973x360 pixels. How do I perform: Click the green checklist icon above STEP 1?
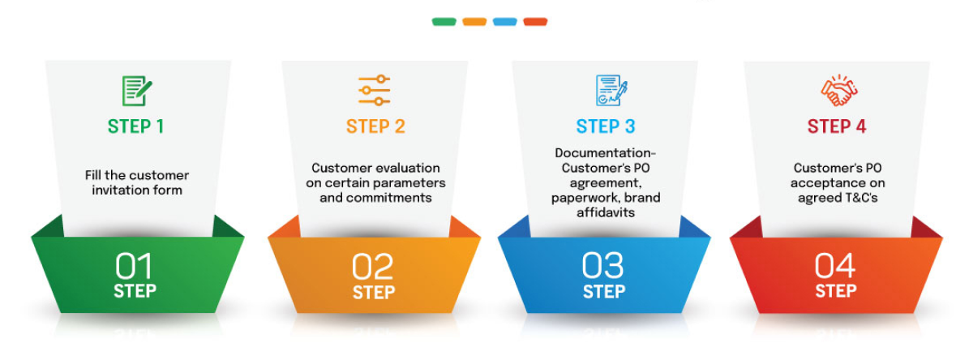(x=137, y=91)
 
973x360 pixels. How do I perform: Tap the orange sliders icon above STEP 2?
(x=375, y=90)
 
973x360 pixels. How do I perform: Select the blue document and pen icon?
(x=611, y=91)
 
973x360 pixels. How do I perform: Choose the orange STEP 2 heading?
(x=375, y=126)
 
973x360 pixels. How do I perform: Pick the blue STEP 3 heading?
(x=606, y=126)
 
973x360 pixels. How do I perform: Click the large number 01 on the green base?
(x=134, y=266)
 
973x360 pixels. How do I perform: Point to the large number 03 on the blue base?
(x=603, y=266)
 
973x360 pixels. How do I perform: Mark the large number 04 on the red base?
(x=835, y=266)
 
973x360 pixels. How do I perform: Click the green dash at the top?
(x=444, y=22)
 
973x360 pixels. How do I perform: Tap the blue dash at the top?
(x=504, y=22)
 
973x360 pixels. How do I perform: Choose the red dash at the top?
(x=535, y=22)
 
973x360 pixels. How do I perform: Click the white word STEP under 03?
(x=603, y=291)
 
